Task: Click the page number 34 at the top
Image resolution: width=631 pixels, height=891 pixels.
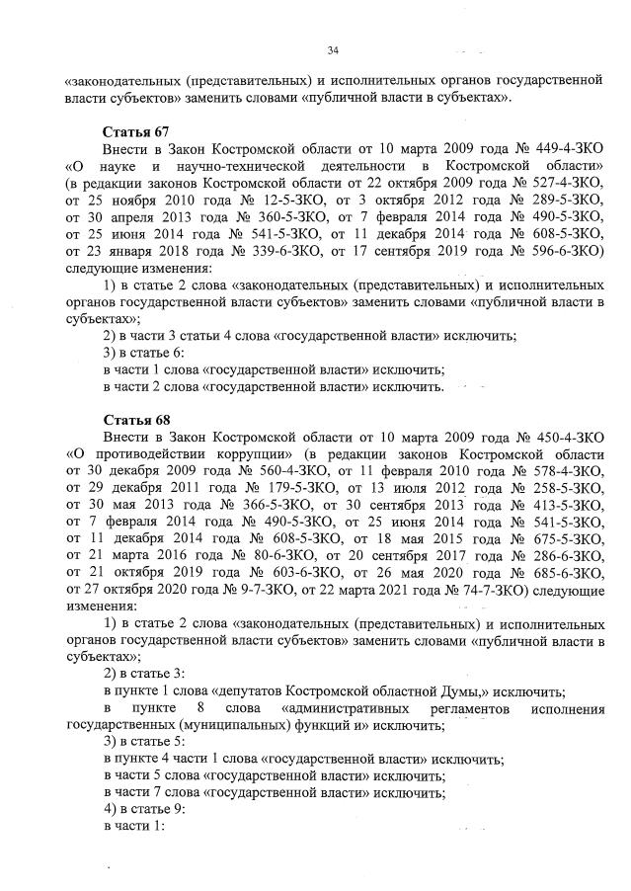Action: (332, 50)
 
